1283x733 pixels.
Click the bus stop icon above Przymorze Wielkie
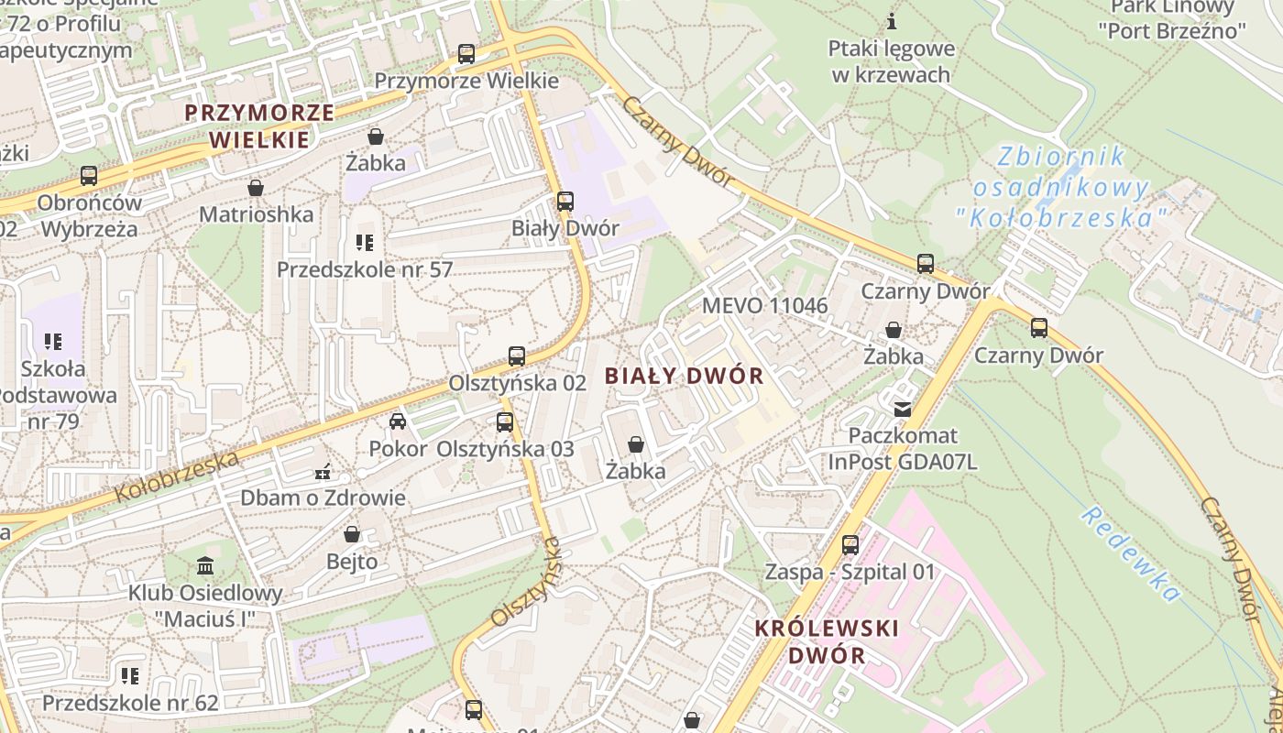coord(466,54)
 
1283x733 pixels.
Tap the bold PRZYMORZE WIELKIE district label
coord(259,126)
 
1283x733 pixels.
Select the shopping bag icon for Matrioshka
coord(256,188)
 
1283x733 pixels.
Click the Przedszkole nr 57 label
coord(365,269)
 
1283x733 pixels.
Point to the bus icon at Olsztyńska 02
coord(517,356)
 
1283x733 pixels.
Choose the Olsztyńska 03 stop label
coord(505,449)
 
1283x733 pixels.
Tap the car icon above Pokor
coord(398,421)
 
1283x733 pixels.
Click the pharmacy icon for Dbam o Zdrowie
coord(323,473)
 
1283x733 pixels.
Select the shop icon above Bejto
coord(352,534)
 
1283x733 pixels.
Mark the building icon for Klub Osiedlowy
coord(205,565)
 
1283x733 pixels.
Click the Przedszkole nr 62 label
coord(130,703)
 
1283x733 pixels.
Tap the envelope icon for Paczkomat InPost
coord(903,409)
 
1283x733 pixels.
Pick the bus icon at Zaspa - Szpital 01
coord(850,545)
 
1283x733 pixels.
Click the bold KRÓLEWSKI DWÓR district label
coord(827,641)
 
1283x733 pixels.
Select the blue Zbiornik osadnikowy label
coord(1061,188)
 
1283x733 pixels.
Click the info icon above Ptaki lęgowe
coord(892,21)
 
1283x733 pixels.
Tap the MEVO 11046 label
coord(764,306)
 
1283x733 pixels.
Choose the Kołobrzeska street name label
coord(177,476)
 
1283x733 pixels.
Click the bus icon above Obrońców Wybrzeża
coord(89,175)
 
